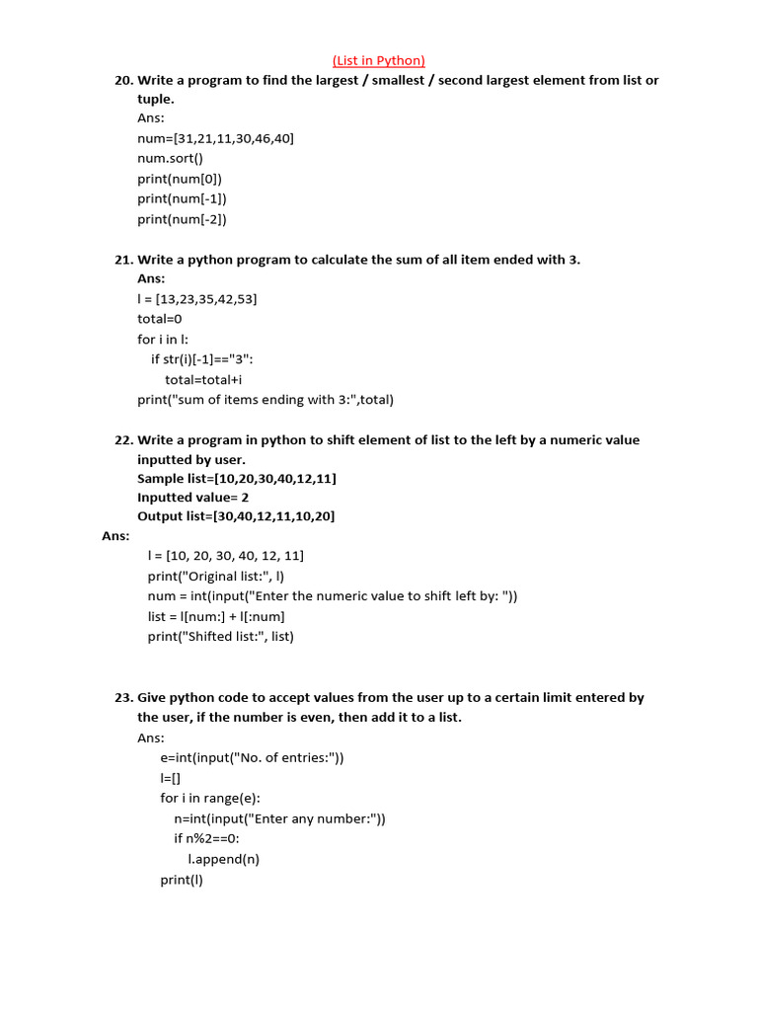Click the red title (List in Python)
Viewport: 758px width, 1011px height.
[379, 60]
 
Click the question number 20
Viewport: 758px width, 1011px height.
[123, 80]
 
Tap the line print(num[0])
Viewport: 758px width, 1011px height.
[180, 179]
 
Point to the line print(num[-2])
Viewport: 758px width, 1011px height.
[182, 219]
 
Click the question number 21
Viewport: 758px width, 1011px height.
[123, 260]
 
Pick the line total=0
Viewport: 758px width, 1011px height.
[160, 319]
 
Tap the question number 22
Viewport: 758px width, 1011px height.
[123, 440]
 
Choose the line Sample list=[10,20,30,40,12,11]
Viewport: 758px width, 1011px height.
[237, 479]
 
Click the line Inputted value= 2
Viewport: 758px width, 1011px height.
[192, 498]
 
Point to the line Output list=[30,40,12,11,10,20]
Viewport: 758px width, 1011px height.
[237, 516]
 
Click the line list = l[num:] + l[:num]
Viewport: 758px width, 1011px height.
[216, 616]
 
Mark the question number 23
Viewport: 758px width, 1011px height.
[123, 697]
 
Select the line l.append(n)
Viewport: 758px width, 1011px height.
[224, 859]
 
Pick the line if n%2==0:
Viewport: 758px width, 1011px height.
[207, 838]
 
